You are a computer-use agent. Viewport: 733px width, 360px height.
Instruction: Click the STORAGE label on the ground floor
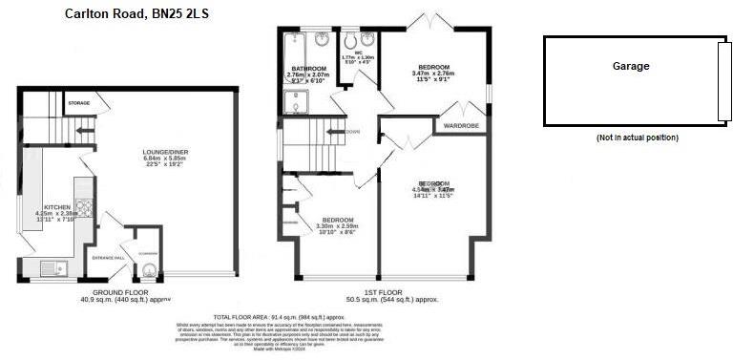[x=79, y=102]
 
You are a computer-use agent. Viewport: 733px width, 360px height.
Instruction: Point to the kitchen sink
[x=49, y=266]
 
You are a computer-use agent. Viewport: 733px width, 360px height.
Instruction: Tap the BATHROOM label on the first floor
[x=309, y=69]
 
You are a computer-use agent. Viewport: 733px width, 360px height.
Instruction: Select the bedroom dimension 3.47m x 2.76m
[x=432, y=74]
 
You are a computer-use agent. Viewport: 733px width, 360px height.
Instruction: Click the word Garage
[x=631, y=67]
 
